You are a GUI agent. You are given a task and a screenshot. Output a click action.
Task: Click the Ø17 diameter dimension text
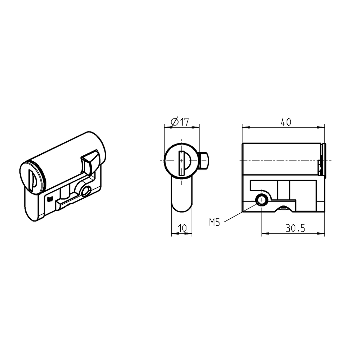[180, 122]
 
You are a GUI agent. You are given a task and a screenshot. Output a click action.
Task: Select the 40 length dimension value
[286, 122]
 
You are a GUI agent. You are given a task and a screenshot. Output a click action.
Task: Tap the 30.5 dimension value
[295, 229]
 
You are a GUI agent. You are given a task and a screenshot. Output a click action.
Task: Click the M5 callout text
[214, 222]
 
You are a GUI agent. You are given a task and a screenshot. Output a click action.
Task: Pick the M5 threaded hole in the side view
[262, 200]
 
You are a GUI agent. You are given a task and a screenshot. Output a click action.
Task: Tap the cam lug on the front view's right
[204, 160]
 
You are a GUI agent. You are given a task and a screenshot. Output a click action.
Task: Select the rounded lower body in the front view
[182, 195]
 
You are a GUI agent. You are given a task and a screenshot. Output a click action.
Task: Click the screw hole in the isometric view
[85, 192]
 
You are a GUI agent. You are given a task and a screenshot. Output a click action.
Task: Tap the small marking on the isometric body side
[50, 199]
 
